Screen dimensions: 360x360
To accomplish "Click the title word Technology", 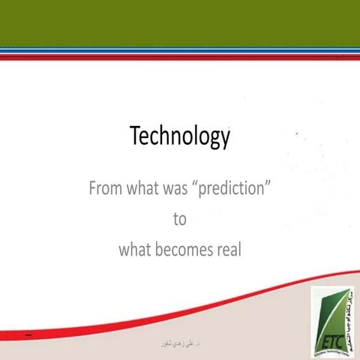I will [x=180, y=136].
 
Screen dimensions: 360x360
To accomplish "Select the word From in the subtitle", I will [x=105, y=187].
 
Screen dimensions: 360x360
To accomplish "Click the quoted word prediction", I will [x=236, y=187].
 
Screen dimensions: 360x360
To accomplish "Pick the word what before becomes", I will [x=136, y=250].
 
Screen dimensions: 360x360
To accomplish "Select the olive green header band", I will [x=180, y=22].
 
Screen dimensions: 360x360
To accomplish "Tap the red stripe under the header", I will [x=180, y=56].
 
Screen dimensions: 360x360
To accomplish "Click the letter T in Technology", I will [x=136, y=136].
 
